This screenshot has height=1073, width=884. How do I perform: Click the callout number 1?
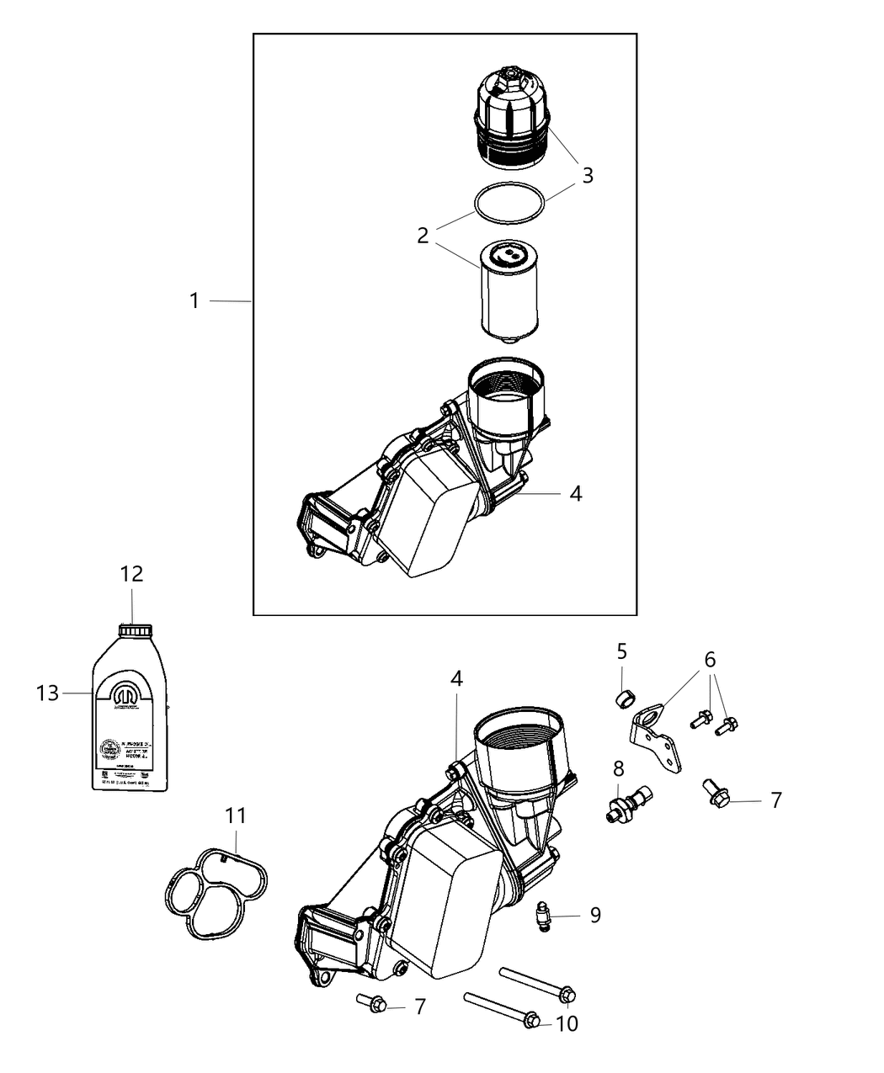point(194,300)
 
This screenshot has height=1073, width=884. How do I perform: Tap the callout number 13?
point(48,693)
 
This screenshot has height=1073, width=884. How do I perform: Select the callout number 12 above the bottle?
point(132,574)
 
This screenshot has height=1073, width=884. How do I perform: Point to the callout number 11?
point(237,815)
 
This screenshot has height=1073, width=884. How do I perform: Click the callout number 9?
point(595,915)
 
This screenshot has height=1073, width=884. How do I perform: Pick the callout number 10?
point(568,1023)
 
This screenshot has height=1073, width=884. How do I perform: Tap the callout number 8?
point(619,768)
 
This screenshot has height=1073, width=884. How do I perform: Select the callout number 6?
point(710,658)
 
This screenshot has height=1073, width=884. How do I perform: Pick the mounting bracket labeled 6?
point(657,741)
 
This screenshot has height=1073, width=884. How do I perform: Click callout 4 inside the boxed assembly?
point(576,493)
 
